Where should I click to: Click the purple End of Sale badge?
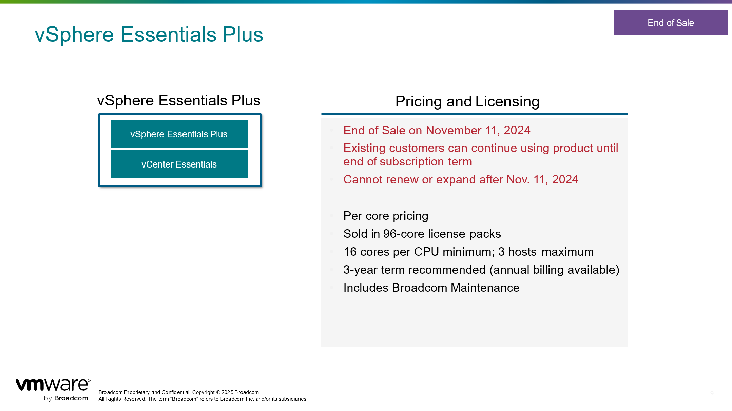(671, 23)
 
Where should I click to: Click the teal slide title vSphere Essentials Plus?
(149, 34)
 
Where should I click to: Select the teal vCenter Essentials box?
(179, 164)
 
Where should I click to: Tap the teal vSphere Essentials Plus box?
(179, 134)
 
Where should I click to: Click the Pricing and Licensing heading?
(467, 101)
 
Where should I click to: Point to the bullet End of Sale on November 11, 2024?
(437, 130)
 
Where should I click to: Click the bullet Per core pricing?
(386, 216)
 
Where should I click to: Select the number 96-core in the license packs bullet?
(404, 234)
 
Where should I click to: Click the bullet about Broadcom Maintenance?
(431, 288)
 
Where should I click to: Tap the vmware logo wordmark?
(53, 385)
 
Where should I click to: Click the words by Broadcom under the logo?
(66, 398)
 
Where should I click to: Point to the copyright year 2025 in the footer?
(227, 392)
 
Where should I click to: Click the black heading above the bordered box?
(179, 100)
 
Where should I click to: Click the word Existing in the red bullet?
(365, 148)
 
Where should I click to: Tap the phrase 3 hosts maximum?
(546, 252)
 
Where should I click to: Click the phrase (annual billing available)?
(555, 270)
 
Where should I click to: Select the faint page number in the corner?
(712, 393)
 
